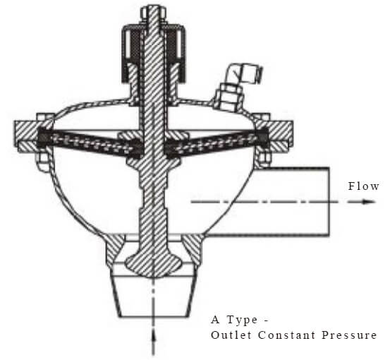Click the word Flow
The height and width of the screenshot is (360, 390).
[363, 186]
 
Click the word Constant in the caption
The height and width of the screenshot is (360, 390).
[287, 335]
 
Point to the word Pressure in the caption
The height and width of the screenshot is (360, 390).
[349, 335]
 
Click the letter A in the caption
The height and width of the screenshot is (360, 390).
[215, 320]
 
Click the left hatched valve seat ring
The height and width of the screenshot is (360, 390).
[114, 249]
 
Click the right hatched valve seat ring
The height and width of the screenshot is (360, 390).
[192, 249]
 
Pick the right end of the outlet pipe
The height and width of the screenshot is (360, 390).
[329, 202]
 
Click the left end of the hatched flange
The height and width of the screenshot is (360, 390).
[15, 136]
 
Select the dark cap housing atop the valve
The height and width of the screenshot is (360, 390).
[154, 54]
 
